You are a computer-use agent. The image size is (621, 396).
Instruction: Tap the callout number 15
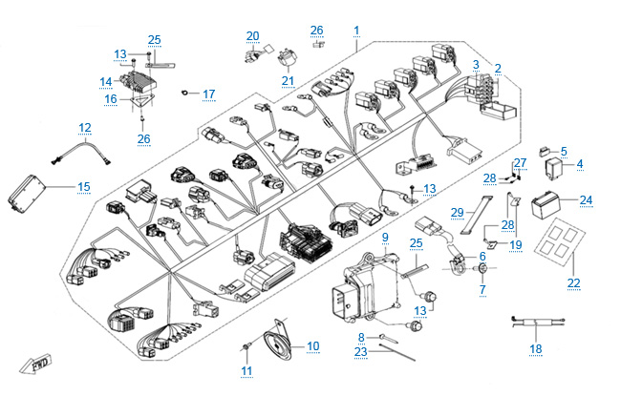[x=83, y=186]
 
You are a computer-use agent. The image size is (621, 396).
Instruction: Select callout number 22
[x=573, y=283]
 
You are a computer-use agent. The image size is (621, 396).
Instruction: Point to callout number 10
[x=313, y=344]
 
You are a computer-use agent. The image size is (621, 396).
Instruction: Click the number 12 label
[x=85, y=127]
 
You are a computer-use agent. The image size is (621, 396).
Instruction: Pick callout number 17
[x=209, y=94]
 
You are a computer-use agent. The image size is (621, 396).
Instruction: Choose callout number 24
[x=587, y=200]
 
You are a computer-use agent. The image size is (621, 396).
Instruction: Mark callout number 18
[x=535, y=349]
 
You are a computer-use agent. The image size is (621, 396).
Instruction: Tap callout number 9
[x=385, y=236]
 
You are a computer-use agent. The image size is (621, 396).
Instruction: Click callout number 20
[x=252, y=36]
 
